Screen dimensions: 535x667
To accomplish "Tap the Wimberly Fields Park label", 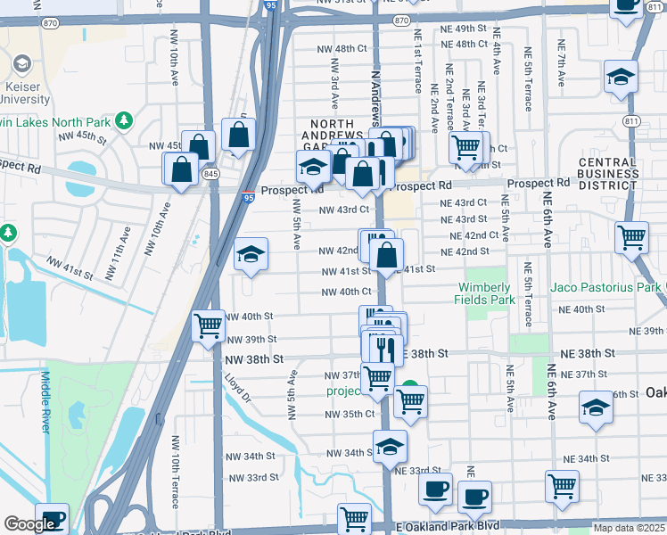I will [x=486, y=293].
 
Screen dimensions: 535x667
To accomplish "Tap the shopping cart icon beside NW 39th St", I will [x=209, y=326].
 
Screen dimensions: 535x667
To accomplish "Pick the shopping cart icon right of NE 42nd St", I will [x=631, y=238].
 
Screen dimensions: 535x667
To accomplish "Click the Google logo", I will [x=30, y=524].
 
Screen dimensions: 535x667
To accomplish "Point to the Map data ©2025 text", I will [x=628, y=528].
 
